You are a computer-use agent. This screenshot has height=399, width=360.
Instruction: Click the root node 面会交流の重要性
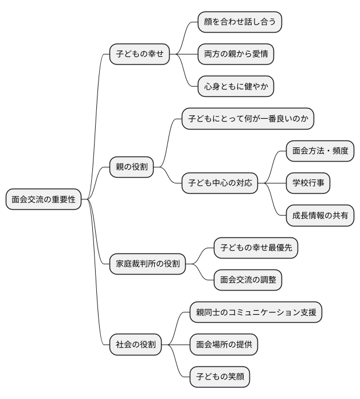[x=44, y=200]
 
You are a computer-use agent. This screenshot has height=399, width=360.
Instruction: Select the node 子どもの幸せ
[x=140, y=54]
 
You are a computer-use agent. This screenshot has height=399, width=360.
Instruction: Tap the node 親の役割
[x=131, y=167]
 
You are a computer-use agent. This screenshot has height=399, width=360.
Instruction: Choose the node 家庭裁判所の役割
[x=148, y=264]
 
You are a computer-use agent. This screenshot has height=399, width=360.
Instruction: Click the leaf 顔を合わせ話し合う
[x=240, y=22]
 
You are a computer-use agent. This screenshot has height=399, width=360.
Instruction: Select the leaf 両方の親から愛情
[x=236, y=54]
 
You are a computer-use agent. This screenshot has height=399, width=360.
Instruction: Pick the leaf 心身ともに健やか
[x=236, y=87]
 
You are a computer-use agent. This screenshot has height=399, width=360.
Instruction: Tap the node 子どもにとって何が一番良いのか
[x=248, y=119]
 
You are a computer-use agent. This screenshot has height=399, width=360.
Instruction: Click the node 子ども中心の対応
[x=220, y=184]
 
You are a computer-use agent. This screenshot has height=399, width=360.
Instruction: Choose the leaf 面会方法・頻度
[x=320, y=151]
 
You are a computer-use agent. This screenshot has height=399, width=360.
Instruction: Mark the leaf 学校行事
[x=308, y=183]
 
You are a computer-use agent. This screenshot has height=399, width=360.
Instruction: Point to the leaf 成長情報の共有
[x=320, y=216]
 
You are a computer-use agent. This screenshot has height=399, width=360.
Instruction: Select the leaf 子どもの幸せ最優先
[x=256, y=248]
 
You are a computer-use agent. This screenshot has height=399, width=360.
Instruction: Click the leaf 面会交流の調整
[x=248, y=280]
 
